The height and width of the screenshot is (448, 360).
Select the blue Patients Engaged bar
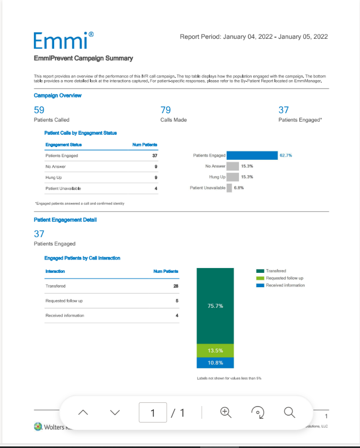(252, 156)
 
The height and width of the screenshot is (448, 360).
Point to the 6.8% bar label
(239, 187)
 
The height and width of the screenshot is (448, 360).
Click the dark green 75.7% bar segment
(215, 306)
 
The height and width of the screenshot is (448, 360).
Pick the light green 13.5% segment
(215, 350)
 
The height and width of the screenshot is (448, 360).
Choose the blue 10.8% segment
(215, 363)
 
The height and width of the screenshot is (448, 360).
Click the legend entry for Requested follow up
(285, 278)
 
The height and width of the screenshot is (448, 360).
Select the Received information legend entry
(285, 285)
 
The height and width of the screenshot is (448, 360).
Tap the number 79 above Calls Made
(166, 110)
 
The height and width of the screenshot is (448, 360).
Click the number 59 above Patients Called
(39, 110)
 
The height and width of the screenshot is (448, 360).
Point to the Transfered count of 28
(176, 286)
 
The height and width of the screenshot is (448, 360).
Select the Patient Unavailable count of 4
(156, 188)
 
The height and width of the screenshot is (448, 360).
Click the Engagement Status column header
(64, 144)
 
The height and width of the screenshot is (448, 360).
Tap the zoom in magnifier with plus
(226, 412)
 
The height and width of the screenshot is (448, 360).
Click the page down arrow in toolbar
(115, 412)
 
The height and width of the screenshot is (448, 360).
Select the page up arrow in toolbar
(83, 412)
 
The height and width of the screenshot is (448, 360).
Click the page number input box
(153, 412)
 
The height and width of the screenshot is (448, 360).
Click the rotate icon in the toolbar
(258, 412)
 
